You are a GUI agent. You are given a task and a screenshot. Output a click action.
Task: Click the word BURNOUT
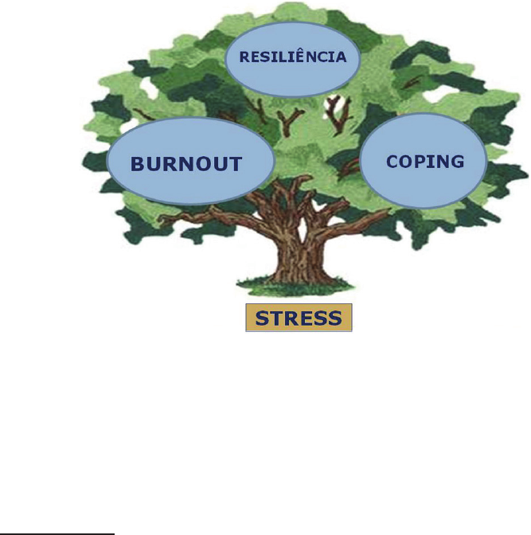(x=185, y=164)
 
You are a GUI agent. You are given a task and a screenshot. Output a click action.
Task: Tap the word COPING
(x=424, y=162)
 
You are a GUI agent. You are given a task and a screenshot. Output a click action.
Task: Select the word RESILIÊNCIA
(x=293, y=57)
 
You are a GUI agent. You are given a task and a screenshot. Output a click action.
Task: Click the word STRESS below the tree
(x=299, y=318)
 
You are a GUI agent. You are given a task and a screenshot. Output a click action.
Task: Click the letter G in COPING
(x=456, y=162)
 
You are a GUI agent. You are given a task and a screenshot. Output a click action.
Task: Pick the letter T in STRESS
(x=275, y=318)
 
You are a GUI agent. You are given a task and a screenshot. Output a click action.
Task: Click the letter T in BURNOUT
(x=234, y=164)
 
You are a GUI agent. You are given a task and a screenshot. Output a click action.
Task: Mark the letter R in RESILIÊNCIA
(x=244, y=57)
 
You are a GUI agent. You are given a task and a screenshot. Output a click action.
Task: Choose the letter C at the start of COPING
(x=392, y=162)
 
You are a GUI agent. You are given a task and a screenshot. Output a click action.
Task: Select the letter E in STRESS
(x=306, y=318)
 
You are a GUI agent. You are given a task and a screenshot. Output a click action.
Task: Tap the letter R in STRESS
(x=291, y=318)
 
